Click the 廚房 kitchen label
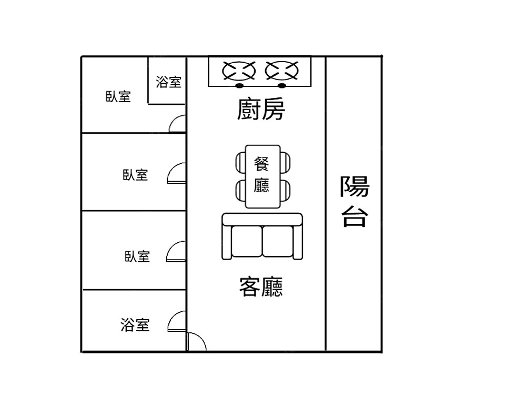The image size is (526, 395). (261, 110)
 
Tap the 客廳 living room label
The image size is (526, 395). (261, 287)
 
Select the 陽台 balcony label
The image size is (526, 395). (354, 201)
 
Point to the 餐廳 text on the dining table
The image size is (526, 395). (261, 175)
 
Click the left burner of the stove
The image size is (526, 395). (239, 70)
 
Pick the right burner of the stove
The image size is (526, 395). (282, 70)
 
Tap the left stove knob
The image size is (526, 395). (239, 85)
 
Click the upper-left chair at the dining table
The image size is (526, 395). (240, 162)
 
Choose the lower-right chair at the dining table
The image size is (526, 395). (285, 190)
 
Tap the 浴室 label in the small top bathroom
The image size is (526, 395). (169, 82)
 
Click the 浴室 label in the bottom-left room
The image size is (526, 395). (135, 325)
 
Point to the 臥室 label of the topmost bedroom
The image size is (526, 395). (118, 96)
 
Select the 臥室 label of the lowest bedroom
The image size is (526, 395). (137, 256)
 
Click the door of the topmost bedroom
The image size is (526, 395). (178, 124)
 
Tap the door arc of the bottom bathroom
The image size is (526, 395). (177, 322)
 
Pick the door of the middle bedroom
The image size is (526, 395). (177, 174)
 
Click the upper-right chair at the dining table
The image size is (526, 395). (285, 162)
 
